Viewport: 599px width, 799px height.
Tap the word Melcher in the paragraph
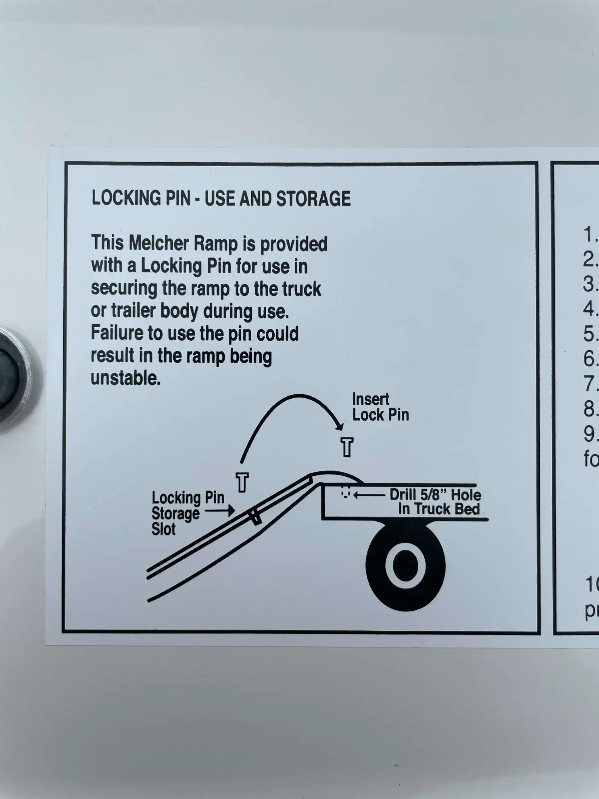pyautogui.click(x=159, y=243)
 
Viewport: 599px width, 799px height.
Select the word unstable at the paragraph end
pyautogui.click(x=125, y=378)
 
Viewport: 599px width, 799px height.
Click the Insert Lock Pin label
pyautogui.click(x=380, y=407)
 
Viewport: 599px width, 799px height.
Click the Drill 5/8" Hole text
pyautogui.click(x=435, y=495)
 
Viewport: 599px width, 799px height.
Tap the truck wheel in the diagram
pyautogui.click(x=405, y=565)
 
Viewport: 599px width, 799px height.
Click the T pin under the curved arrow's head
pyautogui.click(x=347, y=447)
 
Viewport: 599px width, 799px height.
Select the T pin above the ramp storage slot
pyautogui.click(x=242, y=482)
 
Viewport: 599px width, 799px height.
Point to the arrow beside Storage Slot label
pyautogui.click(x=220, y=511)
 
